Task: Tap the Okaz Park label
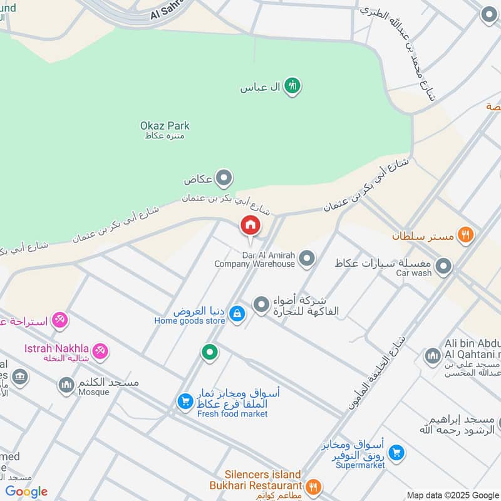pos(165,126)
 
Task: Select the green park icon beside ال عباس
pos(291,86)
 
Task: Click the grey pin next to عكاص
pos(224,179)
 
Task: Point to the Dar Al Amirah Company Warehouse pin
pos(306,258)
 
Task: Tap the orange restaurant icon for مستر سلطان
pos(465,235)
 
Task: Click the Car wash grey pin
pos(443,267)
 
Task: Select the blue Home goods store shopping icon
pos(236,314)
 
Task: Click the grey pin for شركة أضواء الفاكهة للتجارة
pos(261,305)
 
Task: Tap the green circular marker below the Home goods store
pos(210,353)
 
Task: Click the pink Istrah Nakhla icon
pos(100,350)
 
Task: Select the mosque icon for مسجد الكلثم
pos(66,385)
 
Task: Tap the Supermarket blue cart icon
pos(396,452)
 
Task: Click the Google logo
pos(26,491)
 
